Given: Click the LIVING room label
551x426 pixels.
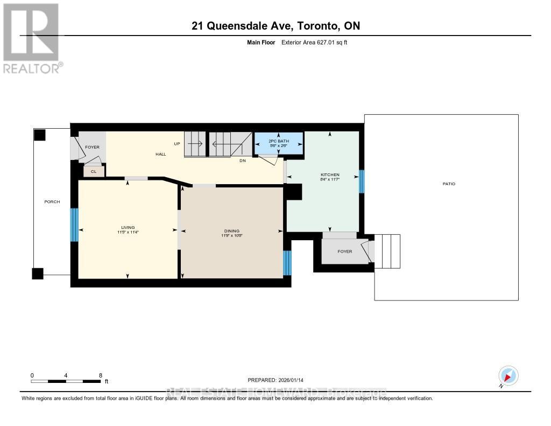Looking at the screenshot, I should (128, 227).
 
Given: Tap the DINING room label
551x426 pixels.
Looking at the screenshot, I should (232, 231).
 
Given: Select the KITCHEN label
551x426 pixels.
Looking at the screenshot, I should (330, 176).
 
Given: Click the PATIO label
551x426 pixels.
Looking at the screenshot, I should (449, 184).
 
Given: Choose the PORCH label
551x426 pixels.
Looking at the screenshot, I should (52, 202).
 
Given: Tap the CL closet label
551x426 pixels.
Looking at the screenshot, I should (94, 171).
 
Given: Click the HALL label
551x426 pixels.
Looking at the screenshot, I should (160, 154).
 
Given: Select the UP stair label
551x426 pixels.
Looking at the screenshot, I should (176, 144).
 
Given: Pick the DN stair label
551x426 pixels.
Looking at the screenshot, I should (243, 160).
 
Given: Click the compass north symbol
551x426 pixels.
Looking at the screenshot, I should (508, 375).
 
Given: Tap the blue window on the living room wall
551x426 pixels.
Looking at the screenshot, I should (75, 225).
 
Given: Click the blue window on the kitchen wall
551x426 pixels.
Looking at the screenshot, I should (362, 181).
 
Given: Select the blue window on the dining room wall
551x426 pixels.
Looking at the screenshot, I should (287, 263).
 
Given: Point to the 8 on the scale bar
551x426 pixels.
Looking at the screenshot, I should (101, 375).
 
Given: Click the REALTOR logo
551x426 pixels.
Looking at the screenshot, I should (32, 38).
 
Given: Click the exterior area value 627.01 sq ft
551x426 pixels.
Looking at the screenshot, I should (314, 42).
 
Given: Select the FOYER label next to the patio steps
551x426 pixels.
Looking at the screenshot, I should (344, 251).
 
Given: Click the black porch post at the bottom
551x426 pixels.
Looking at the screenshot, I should (37, 274).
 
